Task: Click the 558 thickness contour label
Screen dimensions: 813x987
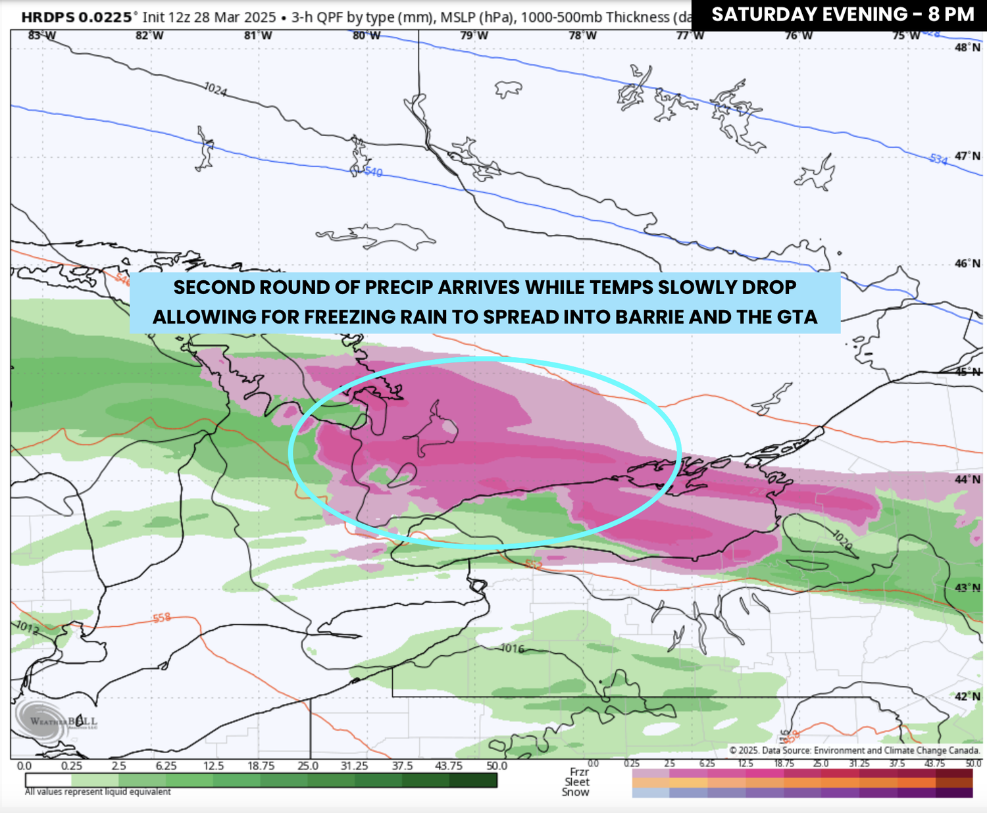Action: pyautogui.click(x=162, y=618)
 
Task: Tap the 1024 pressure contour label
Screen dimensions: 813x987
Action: pyautogui.click(x=215, y=89)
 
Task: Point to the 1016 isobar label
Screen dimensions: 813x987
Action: pyautogui.click(x=512, y=649)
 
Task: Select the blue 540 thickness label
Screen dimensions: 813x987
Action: pyautogui.click(x=372, y=172)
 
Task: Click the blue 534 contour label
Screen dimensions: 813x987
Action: pyautogui.click(x=938, y=159)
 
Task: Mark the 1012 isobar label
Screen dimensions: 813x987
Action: pyautogui.click(x=27, y=628)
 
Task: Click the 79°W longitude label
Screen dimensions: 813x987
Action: pyautogui.click(x=474, y=36)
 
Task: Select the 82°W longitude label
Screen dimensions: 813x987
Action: pyautogui.click(x=149, y=36)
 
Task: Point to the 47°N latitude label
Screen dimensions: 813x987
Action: pyautogui.click(x=967, y=156)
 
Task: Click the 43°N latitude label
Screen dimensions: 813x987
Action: pyautogui.click(x=967, y=587)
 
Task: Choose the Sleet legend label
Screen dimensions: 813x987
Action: pyautogui.click(x=576, y=782)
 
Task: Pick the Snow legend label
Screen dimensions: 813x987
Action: pyautogui.click(x=575, y=792)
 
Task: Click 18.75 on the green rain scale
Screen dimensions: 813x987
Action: pyautogui.click(x=261, y=766)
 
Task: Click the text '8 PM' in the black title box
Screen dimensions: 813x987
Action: pyautogui.click(x=951, y=14)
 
